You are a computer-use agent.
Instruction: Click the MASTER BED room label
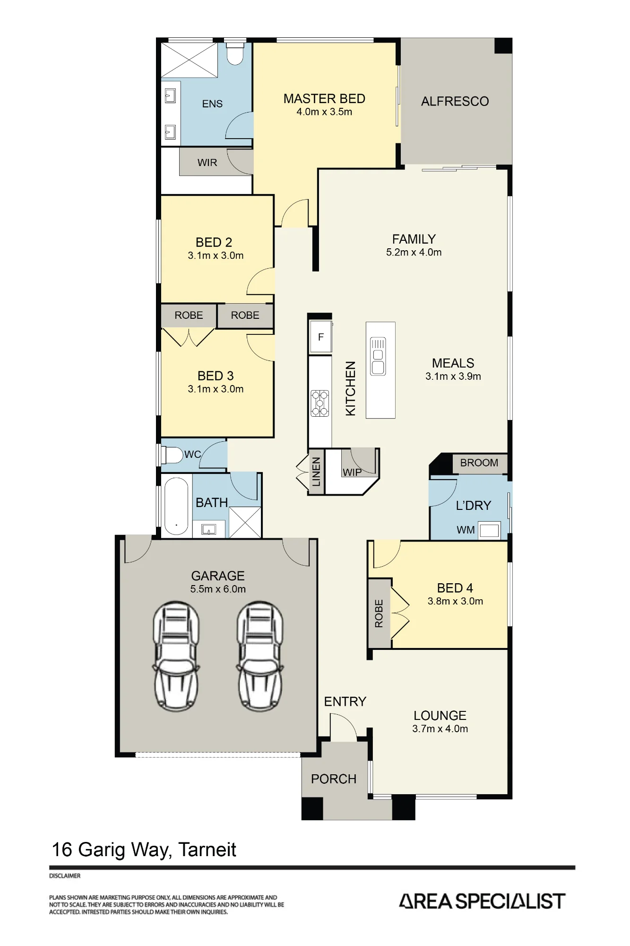pos(324,98)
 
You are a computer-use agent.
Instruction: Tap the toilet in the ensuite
pos(234,53)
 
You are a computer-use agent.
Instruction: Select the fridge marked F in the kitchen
pos(320,337)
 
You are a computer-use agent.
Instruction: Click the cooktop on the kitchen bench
pos(319,403)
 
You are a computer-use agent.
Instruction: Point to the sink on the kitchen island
pos(378,356)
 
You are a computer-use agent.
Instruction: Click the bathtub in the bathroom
pos(176,506)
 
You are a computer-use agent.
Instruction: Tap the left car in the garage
pos(176,656)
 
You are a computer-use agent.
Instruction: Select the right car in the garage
pos(260,656)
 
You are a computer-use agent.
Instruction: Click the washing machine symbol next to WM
pos(489,530)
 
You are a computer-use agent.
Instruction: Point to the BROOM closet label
pos(479,463)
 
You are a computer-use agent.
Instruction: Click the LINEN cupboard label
pos(316,472)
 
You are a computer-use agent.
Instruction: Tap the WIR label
pos(207,162)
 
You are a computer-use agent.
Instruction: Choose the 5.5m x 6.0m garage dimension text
pos(218,589)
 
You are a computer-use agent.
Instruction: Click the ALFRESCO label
pos(455,101)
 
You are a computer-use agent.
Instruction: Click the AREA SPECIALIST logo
pos(482,901)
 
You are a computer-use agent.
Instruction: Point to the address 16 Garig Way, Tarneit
pos(144,850)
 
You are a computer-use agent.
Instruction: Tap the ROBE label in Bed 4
pos(379,613)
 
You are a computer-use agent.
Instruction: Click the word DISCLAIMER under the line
pos(65,876)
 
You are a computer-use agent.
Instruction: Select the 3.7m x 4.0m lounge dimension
pos(440,728)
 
